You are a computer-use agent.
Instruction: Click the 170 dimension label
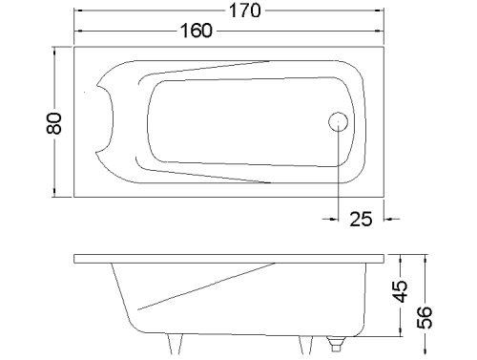245,11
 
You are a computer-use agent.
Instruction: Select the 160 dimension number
197,31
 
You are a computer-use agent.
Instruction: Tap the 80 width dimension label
54,123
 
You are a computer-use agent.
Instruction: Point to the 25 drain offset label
361,219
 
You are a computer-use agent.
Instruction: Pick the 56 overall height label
425,317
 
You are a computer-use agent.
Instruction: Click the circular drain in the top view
338,122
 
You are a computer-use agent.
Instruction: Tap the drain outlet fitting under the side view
336,344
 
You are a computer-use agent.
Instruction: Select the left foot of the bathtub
176,344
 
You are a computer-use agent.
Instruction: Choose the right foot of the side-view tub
305,345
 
